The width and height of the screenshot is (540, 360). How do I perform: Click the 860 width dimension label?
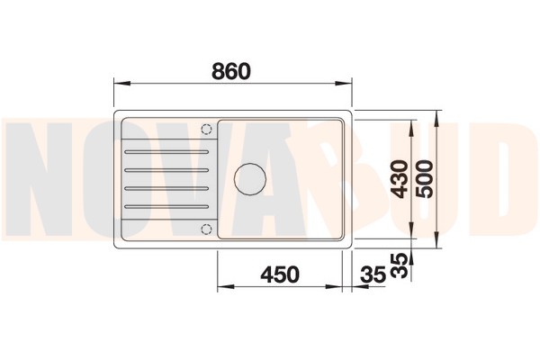click(231, 71)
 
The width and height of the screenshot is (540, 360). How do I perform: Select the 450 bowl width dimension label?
click(280, 274)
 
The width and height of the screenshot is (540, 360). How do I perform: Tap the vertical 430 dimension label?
click(400, 179)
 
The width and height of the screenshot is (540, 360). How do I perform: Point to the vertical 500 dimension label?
click(424, 179)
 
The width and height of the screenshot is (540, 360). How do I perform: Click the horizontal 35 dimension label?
click(373, 274)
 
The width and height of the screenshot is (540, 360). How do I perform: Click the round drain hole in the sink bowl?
click(250, 178)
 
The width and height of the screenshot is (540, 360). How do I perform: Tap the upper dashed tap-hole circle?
click(206, 130)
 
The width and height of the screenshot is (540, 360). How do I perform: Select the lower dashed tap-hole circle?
click(206, 229)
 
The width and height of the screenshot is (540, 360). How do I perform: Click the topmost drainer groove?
click(166, 151)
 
